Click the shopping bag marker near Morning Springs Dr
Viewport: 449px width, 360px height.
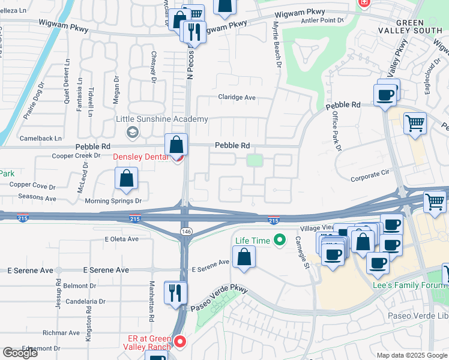(x=126, y=178)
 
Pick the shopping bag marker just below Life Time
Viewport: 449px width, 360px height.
(x=244, y=257)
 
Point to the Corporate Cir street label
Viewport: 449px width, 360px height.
(x=370, y=178)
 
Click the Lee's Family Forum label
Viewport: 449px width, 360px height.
(x=410, y=285)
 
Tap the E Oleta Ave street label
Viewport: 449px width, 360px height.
(x=121, y=239)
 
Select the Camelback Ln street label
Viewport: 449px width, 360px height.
(x=40, y=138)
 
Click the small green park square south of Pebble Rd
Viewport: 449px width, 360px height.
(x=255, y=160)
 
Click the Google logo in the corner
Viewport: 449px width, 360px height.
(x=20, y=353)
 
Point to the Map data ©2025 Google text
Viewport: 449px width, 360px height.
(x=411, y=355)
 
